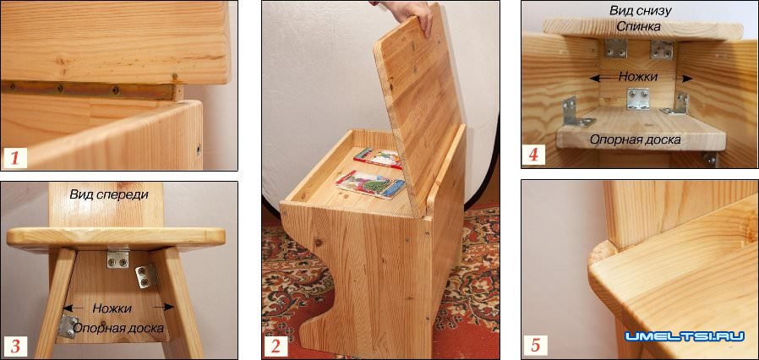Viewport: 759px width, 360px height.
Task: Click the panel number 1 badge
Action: point(14,157)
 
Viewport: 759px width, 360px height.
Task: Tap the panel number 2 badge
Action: point(275,346)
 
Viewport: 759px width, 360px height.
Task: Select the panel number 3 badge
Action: point(15,346)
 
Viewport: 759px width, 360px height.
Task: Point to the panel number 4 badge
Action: point(533,155)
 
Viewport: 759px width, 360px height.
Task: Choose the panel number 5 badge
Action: point(534,346)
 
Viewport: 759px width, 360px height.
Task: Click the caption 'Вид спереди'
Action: point(109,195)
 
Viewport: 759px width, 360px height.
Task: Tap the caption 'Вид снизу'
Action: point(640,10)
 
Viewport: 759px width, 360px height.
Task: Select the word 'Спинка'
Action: point(640,26)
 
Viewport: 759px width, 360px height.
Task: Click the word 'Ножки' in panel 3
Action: point(112,308)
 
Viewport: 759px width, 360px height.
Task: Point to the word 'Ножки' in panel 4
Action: point(638,76)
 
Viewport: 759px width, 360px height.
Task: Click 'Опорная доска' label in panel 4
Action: point(635,139)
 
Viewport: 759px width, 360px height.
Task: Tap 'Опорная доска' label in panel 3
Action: point(118,328)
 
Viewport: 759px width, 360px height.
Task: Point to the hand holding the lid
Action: point(407,14)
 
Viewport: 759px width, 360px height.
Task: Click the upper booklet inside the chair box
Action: point(379,158)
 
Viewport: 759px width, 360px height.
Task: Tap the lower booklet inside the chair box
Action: point(371,184)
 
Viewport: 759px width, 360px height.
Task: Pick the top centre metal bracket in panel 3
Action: point(118,258)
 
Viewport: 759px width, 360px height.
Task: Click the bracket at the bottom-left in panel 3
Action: point(68,326)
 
